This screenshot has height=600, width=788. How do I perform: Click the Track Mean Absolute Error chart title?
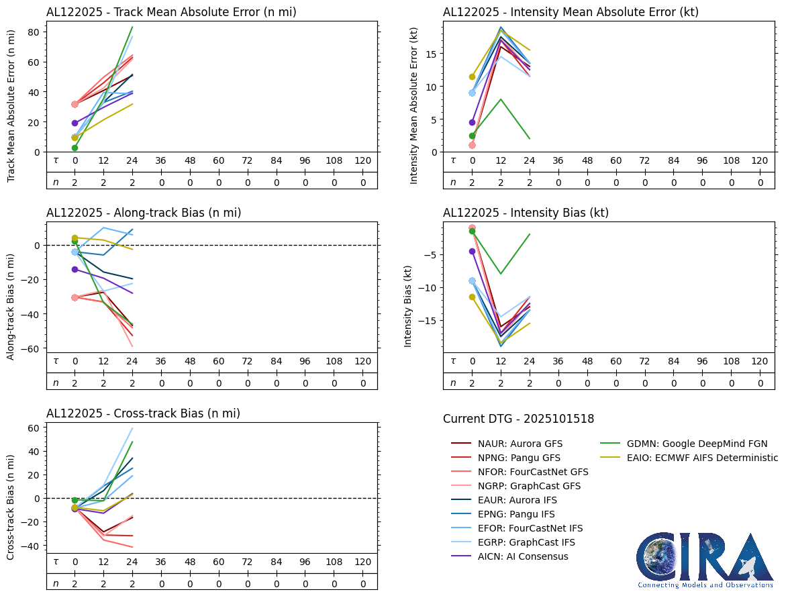(x=171, y=12)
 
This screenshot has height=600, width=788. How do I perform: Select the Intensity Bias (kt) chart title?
(x=526, y=213)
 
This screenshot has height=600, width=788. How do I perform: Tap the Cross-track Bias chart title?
(x=143, y=413)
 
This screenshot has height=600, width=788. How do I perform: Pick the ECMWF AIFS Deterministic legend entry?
(x=688, y=458)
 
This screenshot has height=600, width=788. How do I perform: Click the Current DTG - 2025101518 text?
(x=518, y=419)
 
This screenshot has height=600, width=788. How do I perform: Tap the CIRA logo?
(x=705, y=560)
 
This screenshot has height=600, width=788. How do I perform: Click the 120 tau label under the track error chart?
(x=362, y=161)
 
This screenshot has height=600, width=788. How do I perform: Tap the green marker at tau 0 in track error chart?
(x=75, y=148)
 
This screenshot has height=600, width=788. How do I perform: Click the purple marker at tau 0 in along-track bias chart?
(x=75, y=269)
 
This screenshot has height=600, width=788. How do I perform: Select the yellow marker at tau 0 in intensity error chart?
(x=472, y=77)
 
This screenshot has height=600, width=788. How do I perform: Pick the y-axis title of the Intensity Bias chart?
(x=407, y=305)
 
